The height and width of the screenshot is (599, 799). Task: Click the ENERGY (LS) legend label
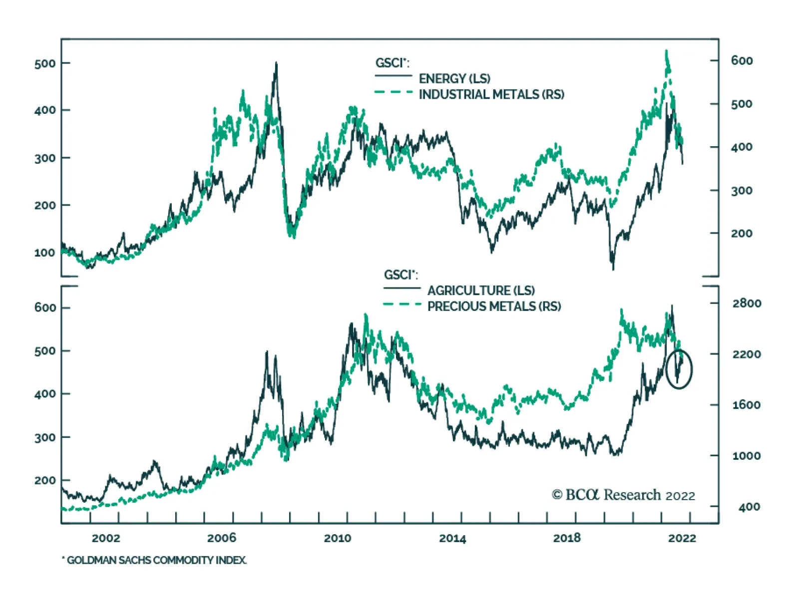454,78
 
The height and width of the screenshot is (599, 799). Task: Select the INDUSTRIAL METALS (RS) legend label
491,94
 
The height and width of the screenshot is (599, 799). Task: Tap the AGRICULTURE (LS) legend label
481,291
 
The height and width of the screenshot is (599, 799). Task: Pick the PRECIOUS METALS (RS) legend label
494,306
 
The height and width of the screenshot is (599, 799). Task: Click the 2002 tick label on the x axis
106,538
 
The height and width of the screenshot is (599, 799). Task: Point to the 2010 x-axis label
338,538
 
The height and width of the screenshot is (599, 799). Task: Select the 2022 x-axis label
682,538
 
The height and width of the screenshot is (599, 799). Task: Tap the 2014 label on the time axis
452,538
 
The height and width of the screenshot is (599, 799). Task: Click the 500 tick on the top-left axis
45,63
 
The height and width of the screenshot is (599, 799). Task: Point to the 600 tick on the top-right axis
742,61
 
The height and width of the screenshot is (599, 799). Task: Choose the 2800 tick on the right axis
747,303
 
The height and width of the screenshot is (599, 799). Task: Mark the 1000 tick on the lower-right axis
747,456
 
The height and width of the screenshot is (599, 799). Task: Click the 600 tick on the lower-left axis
45,307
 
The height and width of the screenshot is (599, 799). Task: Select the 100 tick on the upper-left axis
45,253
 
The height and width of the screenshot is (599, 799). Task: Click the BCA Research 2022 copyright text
623,495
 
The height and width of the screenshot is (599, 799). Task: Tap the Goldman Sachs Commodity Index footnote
154,560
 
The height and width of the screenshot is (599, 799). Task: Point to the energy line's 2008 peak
276,63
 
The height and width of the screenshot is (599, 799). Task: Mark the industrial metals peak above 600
666,50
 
